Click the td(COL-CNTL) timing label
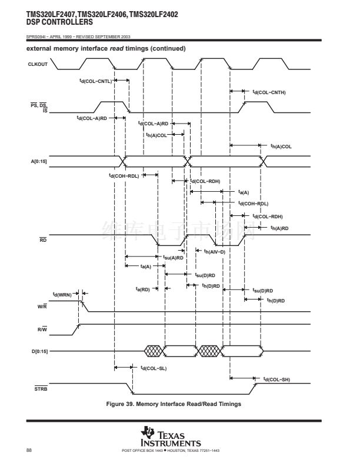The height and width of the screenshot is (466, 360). click(95, 81)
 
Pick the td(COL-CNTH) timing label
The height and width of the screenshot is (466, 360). click(269, 92)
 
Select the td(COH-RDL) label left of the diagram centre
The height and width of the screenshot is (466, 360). click(124, 175)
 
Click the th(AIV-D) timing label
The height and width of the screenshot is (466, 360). click(214, 251)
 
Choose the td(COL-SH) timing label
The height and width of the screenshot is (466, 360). click(276, 380)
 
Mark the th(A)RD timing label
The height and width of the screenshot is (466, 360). click(279, 228)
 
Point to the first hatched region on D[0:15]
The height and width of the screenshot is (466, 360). click(154, 351)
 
